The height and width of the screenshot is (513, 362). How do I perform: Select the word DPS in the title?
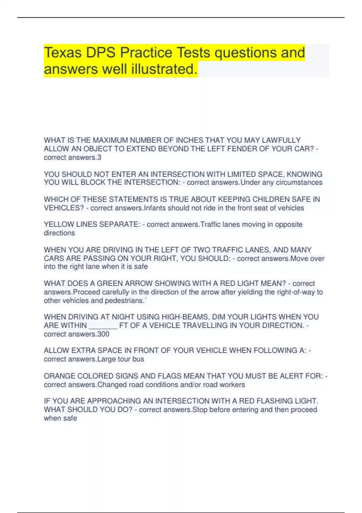pos(101,53)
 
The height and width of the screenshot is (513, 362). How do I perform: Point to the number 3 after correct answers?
pos(100,158)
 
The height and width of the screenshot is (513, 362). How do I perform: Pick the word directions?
pos(59,233)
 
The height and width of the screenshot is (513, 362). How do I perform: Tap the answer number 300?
pos(103,334)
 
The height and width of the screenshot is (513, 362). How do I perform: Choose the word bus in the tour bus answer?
pos(138,359)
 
